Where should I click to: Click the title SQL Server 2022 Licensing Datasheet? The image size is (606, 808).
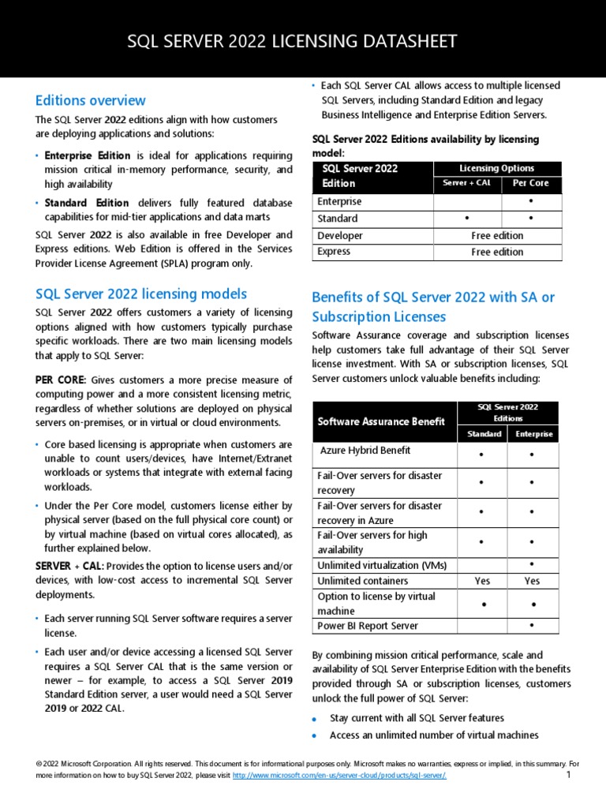(x=293, y=41)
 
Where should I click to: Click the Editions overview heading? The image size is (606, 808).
(x=91, y=100)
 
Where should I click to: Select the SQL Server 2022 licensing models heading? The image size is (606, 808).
(x=141, y=294)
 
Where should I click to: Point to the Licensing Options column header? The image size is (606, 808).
(x=496, y=168)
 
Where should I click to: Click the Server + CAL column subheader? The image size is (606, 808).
(x=467, y=183)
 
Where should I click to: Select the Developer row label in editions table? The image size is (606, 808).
(x=340, y=235)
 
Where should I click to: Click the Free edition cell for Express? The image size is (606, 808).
(x=496, y=252)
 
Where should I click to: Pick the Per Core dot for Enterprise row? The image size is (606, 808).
(x=530, y=201)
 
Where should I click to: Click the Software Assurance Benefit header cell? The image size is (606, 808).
(x=371, y=421)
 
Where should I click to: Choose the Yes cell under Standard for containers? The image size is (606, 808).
(x=482, y=581)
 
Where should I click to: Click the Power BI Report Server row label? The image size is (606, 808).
(x=368, y=626)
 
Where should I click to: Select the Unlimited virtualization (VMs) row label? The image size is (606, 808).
(x=379, y=565)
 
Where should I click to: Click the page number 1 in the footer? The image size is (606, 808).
(x=568, y=776)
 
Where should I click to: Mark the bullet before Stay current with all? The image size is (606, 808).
(x=315, y=720)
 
